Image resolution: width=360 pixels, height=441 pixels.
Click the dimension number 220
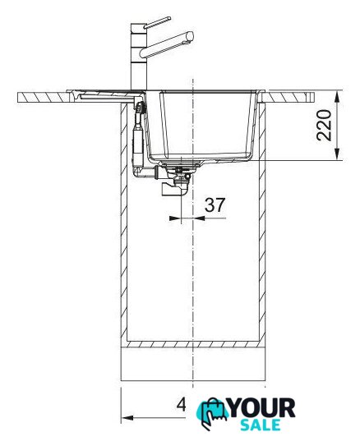(324, 126)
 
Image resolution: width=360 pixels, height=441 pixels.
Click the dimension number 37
(215, 205)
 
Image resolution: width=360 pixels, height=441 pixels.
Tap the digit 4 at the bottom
(182, 406)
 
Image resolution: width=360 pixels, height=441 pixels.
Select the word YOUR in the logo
(261, 408)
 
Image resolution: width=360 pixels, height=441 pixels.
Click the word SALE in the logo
(261, 425)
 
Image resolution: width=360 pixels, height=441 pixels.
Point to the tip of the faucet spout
(191, 35)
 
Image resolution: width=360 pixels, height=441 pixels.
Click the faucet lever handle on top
(157, 22)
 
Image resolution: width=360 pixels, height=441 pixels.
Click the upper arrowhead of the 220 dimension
(338, 94)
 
